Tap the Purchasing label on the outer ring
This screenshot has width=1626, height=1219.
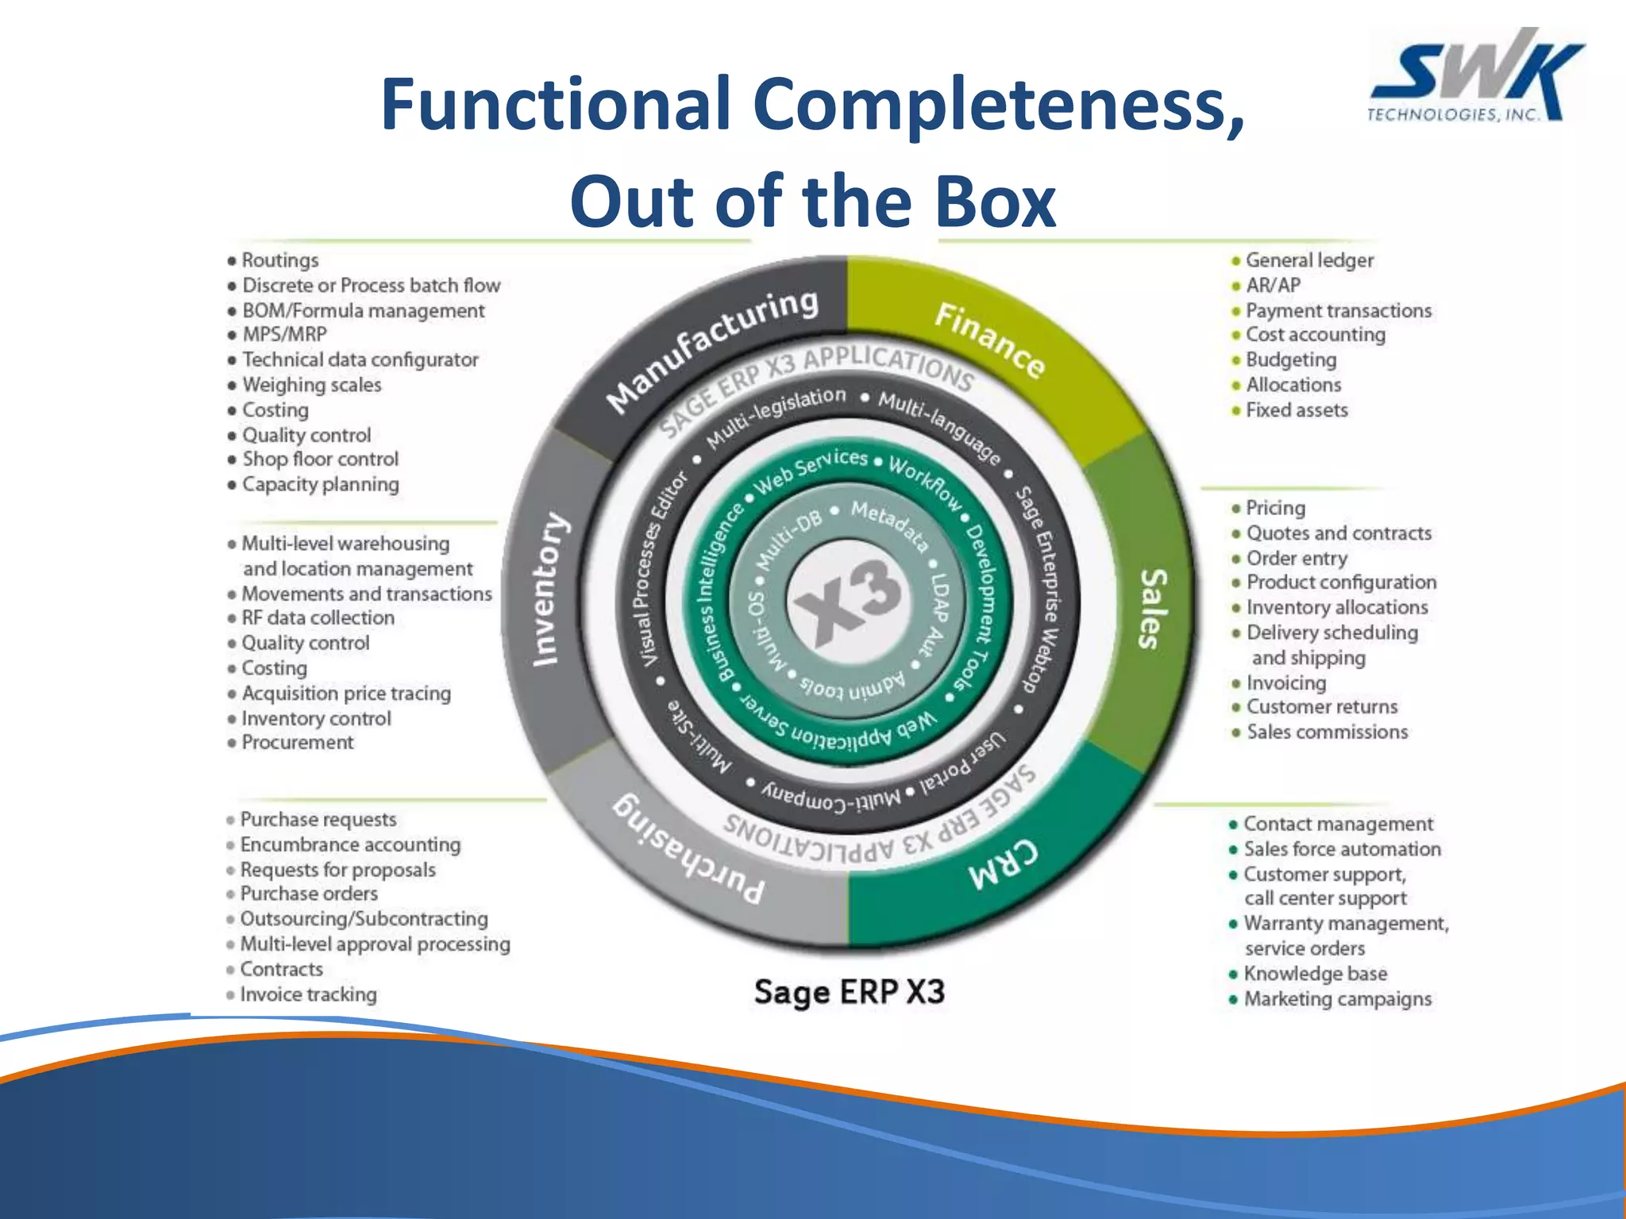(689, 850)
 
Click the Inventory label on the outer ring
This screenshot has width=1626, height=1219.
(549, 589)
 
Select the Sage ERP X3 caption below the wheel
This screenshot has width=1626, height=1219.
(849, 992)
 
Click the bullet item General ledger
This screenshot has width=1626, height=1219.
(1308, 260)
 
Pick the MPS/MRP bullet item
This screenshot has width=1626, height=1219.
(284, 334)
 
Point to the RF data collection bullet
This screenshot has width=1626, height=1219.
(318, 617)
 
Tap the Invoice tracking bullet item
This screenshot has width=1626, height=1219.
(308, 994)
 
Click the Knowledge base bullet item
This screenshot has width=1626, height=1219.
(1315, 974)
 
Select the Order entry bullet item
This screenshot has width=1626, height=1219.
(1297, 559)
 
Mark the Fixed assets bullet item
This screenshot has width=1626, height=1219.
(1297, 410)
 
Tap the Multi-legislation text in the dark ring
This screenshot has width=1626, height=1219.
(776, 416)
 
